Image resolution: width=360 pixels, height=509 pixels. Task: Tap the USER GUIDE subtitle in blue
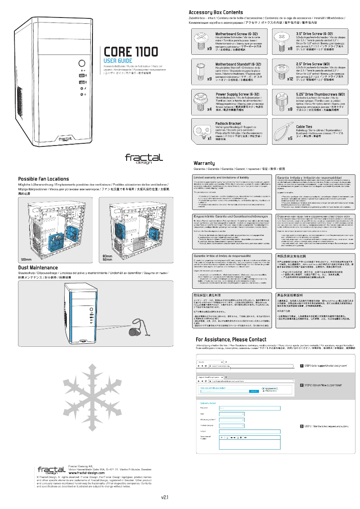(118, 61)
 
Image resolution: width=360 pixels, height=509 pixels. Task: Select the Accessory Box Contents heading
(216, 12)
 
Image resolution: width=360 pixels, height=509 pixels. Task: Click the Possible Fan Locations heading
(44, 179)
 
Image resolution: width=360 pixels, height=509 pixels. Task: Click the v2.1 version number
(165, 497)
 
